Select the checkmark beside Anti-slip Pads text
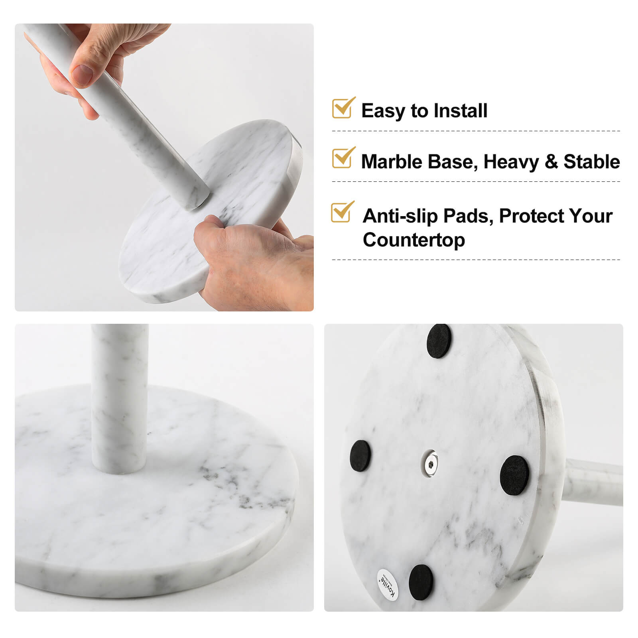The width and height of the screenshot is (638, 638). coord(342,212)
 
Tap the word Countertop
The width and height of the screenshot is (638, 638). coord(414,240)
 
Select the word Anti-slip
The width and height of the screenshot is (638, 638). coord(400,216)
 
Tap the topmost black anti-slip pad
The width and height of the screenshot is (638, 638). coord(439,341)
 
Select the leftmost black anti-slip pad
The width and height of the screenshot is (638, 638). coord(360,457)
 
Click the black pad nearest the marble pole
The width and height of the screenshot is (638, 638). coord(514,475)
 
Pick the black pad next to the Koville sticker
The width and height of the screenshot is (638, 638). coord(421,581)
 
